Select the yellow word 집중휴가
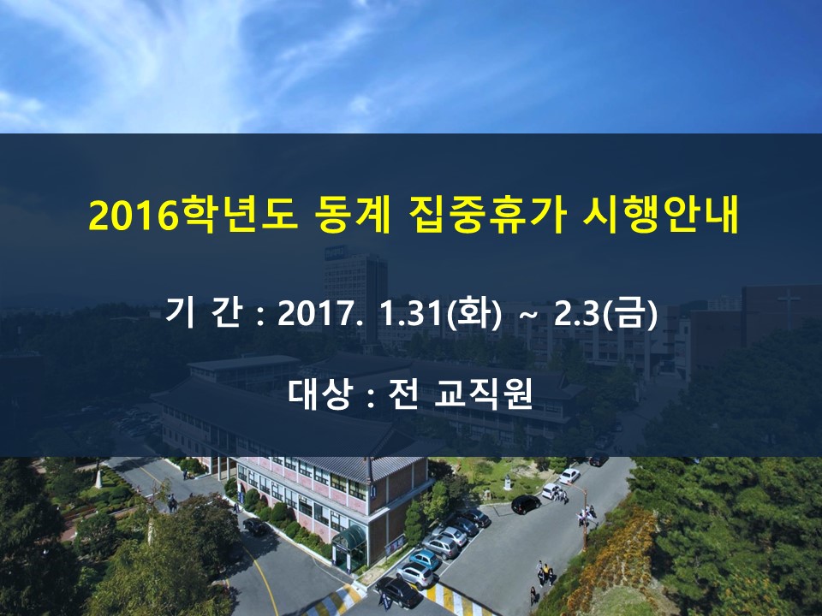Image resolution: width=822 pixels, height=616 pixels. pos(486,215)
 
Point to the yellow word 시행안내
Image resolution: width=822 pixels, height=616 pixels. pos(660,215)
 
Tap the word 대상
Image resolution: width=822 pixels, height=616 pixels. pos(319,393)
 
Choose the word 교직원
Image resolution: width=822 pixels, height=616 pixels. pos(483,393)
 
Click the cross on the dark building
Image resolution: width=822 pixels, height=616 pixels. pos(789,302)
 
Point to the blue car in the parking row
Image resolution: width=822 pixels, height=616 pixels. pos(425,559)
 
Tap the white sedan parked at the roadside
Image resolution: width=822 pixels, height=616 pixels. pos(569,476)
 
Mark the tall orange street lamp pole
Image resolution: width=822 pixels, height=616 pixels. pos(585,518)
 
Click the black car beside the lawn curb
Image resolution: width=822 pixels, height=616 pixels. pos(526,505)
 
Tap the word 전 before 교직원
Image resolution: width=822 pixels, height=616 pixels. pos(403,393)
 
